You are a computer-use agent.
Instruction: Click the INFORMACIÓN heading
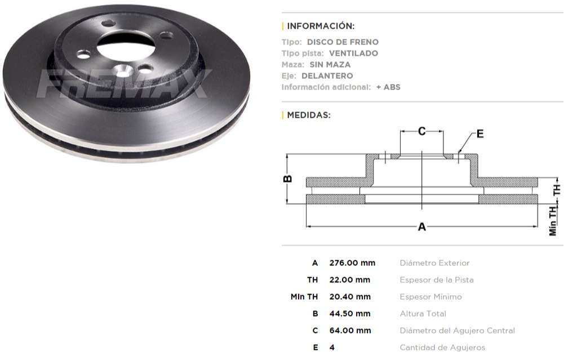(321, 26)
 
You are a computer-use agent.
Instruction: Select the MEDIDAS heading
(308, 115)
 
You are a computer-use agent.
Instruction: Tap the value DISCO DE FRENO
(343, 42)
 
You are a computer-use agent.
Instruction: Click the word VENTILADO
(353, 54)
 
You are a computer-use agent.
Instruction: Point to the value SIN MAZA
(330, 65)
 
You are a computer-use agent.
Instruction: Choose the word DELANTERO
(327, 76)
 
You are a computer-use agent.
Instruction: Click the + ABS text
(388, 87)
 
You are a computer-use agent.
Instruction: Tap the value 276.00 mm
(352, 263)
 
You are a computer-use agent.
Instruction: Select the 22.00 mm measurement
(349, 280)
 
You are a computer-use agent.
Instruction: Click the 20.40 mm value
(350, 297)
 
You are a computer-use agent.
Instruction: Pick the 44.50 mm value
(350, 314)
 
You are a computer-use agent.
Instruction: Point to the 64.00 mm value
(350, 331)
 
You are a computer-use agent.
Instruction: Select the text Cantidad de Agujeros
(442, 348)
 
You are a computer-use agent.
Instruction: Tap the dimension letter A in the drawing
(421, 226)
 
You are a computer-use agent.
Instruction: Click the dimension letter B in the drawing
(287, 179)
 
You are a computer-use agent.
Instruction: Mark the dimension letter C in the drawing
(421, 131)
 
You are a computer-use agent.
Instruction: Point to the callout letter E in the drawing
(480, 134)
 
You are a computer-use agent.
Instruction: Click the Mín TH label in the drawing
(553, 220)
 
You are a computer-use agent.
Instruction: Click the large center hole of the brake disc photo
(125, 46)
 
